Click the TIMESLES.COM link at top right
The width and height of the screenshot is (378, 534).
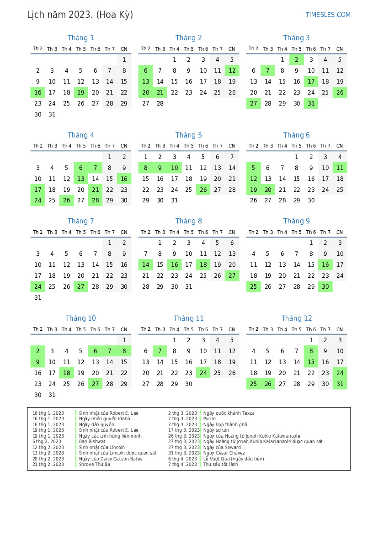pyautogui.click(x=328, y=15)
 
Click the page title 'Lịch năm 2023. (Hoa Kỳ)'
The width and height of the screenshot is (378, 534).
pyautogui.click(x=80, y=15)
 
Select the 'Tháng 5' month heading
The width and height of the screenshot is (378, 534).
pyautogui.click(x=188, y=135)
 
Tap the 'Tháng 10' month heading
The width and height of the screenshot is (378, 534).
pyautogui.click(x=81, y=318)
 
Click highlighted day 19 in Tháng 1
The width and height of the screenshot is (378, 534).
pyautogui.click(x=81, y=92)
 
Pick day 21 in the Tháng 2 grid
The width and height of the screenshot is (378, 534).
pyautogui.click(x=160, y=92)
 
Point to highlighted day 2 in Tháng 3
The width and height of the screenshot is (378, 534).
pyautogui.click(x=297, y=59)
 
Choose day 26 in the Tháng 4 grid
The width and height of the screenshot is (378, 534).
pyautogui.click(x=67, y=200)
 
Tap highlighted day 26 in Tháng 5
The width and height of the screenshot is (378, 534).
pyautogui.click(x=203, y=190)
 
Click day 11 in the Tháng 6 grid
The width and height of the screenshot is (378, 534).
pyautogui.click(x=340, y=168)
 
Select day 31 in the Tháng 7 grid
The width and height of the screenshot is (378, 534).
pyautogui.click(x=38, y=297)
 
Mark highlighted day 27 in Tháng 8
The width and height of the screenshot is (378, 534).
pyautogui.click(x=232, y=275)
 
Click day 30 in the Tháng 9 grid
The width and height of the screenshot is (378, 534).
pyautogui.click(x=325, y=286)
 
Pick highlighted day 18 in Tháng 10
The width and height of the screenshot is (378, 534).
pyautogui.click(x=67, y=373)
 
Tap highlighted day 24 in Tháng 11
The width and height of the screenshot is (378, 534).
pyautogui.click(x=203, y=373)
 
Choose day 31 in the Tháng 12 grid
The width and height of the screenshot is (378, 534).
pyautogui.click(x=340, y=384)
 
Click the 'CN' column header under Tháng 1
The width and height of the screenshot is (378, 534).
pyautogui.click(x=124, y=49)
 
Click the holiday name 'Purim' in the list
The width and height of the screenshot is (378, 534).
pyautogui.click(x=209, y=419)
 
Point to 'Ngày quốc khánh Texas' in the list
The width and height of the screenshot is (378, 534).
pyautogui.click(x=229, y=413)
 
